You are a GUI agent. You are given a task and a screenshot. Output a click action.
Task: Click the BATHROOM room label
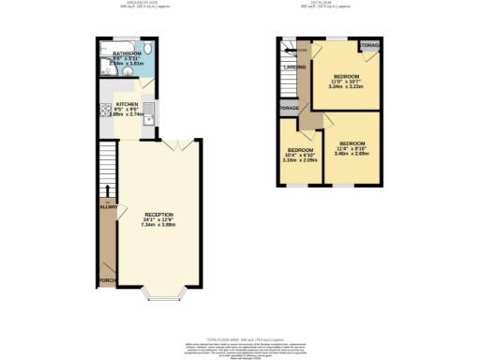(x=126, y=54)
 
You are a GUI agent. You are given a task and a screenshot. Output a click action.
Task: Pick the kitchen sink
(x=150, y=116)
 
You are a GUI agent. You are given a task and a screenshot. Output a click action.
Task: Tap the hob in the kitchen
(x=103, y=115)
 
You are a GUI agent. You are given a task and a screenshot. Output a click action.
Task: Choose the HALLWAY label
(x=105, y=208)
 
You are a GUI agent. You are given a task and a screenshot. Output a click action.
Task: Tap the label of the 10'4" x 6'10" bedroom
(x=300, y=151)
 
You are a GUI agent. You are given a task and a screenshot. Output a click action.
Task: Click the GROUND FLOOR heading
(x=126, y=4)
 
